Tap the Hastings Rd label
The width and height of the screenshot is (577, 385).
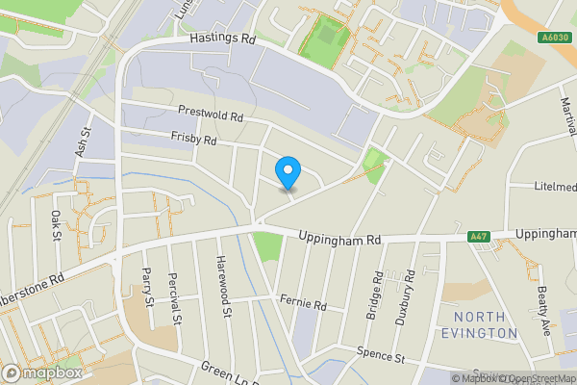pos(222,39)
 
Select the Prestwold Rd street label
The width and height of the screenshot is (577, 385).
pos(211,115)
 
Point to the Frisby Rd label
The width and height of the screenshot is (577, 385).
pos(193,140)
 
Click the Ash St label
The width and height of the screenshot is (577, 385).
pos(83,142)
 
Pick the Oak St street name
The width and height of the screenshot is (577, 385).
pos(57,225)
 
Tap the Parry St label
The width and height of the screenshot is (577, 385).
pos(148,287)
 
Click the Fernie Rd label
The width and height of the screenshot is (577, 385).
pos(304,304)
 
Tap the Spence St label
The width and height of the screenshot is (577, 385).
pos(380,355)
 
